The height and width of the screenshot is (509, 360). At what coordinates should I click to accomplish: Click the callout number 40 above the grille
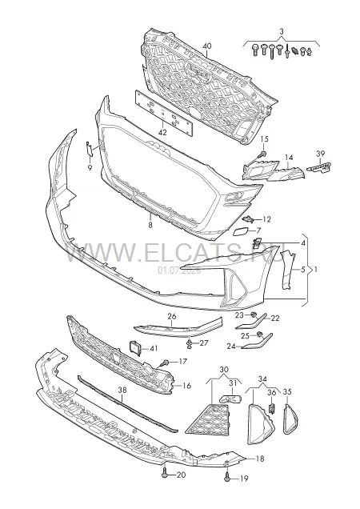(x=206, y=46)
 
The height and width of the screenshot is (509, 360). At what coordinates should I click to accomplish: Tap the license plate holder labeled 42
(x=164, y=112)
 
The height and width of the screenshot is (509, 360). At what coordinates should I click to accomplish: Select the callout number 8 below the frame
(x=150, y=225)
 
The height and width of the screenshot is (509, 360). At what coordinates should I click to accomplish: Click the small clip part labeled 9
(x=89, y=150)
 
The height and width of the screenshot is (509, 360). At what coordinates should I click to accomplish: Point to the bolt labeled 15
(x=263, y=153)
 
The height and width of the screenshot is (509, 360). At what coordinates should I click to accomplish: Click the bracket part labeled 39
(x=319, y=167)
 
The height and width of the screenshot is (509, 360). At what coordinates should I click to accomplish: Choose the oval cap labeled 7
(x=241, y=231)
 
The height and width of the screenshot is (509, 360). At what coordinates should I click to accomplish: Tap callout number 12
(x=266, y=220)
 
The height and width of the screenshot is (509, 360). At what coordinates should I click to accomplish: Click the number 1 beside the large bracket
(x=316, y=270)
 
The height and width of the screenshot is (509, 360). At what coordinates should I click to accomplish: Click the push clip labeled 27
(x=189, y=343)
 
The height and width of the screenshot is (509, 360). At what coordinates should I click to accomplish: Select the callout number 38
(x=122, y=391)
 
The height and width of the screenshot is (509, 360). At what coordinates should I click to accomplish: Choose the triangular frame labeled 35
(x=289, y=419)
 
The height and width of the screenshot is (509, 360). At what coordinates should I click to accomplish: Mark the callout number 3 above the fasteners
(x=282, y=32)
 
